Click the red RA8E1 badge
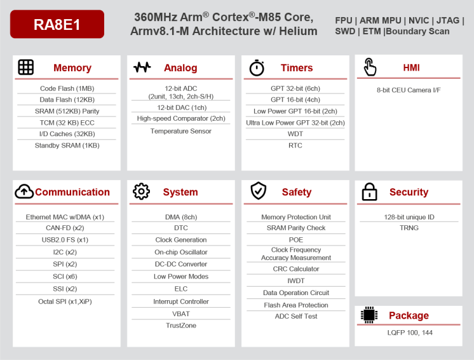click(57, 24)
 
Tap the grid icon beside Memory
click(25, 67)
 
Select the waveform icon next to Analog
click(142, 67)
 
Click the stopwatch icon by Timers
click(257, 67)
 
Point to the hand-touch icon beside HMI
click(370, 67)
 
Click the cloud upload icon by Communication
click(24, 191)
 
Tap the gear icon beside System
click(141, 191)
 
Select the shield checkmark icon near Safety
click(258, 191)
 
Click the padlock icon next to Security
click(369, 192)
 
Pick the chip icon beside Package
click(369, 315)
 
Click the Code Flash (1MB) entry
click(67, 88)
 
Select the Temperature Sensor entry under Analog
click(181, 131)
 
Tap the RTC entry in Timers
click(295, 146)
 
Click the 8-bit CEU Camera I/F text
click(409, 90)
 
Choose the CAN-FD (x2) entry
click(65, 228)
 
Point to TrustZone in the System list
click(181, 326)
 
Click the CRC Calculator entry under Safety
click(296, 269)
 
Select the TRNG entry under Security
click(409, 228)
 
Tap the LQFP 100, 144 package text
click(410, 333)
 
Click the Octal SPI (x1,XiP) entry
click(65, 301)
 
